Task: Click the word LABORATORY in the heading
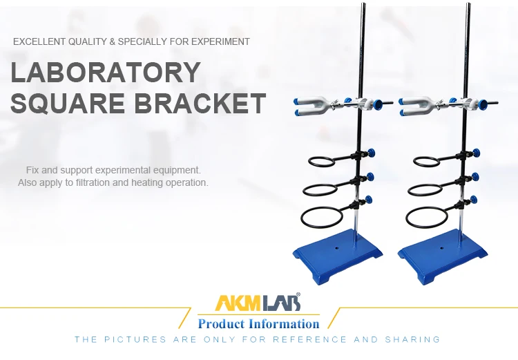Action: pyautogui.click(x=105, y=73)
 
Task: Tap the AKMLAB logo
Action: pyautogui.click(x=258, y=303)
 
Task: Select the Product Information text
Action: pyautogui.click(x=258, y=323)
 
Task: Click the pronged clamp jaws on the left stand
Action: pyautogui.click(x=307, y=105)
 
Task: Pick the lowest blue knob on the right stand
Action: pyautogui.click(x=474, y=200)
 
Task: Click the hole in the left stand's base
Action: pyautogui.click(x=337, y=245)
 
